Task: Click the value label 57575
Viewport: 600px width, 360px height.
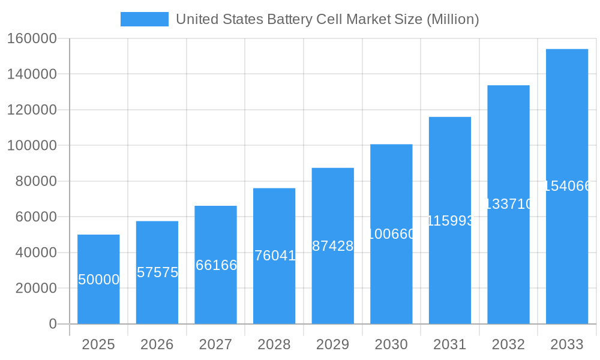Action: (157, 272)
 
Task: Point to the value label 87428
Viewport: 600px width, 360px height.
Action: (332, 246)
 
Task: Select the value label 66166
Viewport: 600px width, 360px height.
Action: (216, 265)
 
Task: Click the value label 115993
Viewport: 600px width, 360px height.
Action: (450, 221)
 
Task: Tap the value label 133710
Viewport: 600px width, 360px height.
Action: (508, 205)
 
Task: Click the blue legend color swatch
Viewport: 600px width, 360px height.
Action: (145, 19)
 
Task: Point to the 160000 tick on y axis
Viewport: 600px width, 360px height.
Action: (32, 39)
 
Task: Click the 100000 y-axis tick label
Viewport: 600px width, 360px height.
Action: (32, 146)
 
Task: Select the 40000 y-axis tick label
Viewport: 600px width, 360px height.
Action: (35, 253)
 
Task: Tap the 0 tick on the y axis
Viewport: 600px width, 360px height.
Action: (53, 324)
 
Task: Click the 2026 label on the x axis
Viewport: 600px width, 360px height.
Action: (157, 344)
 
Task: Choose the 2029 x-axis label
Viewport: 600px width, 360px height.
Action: (332, 344)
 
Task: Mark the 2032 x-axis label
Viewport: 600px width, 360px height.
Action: (508, 344)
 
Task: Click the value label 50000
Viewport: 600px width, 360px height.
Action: (98, 280)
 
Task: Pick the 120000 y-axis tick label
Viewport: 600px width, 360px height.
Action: (32, 110)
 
